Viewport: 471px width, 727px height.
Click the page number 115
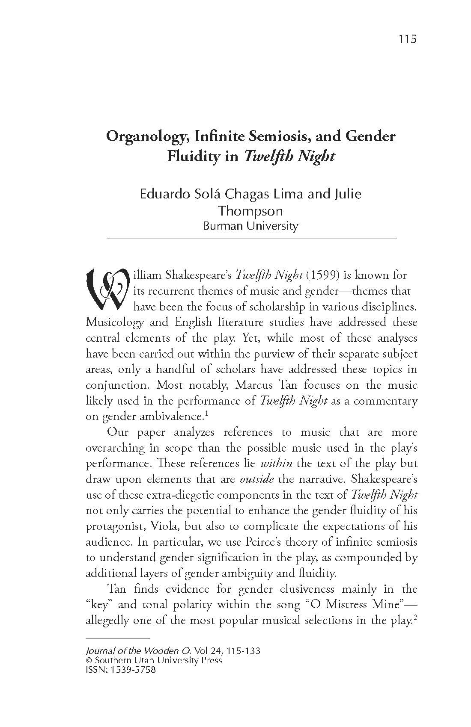pos(407,39)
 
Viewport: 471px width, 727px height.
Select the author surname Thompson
pos(250,210)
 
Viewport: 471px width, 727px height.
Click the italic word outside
pos(257,479)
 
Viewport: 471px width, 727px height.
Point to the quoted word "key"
pos(99,605)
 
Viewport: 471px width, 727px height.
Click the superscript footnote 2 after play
pos(415,617)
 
